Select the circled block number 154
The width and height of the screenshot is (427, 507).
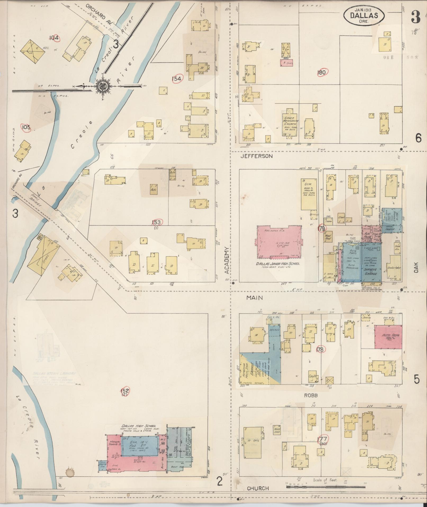pos(177,78)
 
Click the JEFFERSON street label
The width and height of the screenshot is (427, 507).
pos(256,156)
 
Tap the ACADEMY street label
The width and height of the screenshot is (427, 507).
pos(227,261)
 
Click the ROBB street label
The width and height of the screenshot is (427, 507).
pos(311,395)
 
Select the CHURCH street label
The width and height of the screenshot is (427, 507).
pos(258,488)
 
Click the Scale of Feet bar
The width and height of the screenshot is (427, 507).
pos(325,487)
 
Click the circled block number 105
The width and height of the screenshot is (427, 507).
pos(26,128)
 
